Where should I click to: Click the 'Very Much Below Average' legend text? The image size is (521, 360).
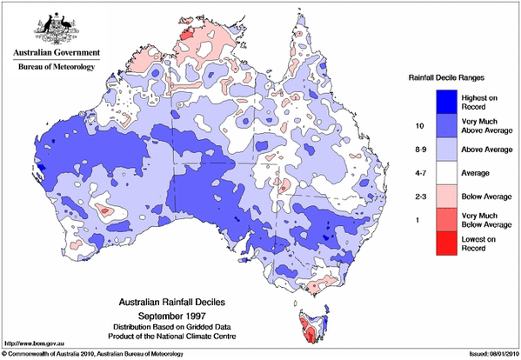(480, 221)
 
